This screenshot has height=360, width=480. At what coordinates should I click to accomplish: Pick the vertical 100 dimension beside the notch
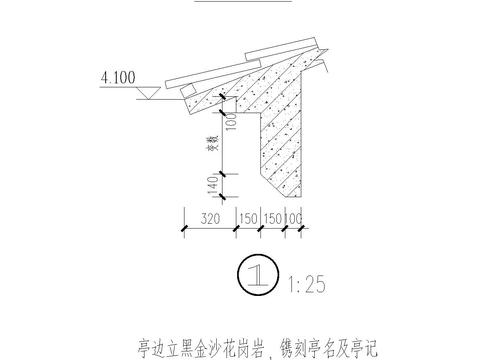(x=230, y=121)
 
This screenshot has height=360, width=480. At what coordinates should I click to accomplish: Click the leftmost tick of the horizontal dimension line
(x=184, y=229)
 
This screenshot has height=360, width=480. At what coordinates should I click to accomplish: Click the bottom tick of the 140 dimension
(x=222, y=197)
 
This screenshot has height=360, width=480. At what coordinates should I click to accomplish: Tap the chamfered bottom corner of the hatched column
(x=269, y=189)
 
